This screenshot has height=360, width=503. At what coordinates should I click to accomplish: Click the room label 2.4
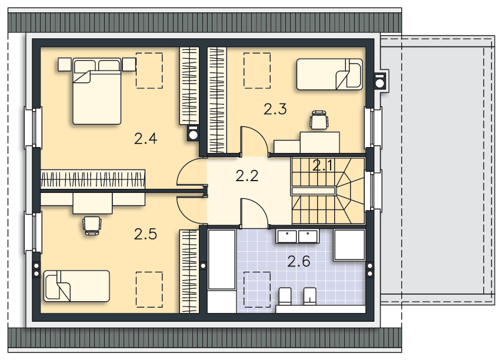146,139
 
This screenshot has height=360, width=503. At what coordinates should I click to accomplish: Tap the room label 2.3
275,109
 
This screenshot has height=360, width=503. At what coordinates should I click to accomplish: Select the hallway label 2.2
247,176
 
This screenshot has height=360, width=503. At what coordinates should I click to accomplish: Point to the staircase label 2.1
323,165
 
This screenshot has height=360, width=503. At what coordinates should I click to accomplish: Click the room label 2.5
146,234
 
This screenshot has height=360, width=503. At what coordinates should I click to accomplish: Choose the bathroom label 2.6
299,262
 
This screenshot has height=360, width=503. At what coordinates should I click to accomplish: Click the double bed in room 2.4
97,91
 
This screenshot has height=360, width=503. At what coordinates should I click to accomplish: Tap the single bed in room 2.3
329,74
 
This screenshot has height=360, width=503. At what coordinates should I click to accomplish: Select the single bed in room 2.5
76,286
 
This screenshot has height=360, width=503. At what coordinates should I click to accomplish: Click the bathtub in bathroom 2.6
222,259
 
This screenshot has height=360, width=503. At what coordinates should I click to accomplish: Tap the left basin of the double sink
287,236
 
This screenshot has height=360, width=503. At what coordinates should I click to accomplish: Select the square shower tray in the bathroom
349,245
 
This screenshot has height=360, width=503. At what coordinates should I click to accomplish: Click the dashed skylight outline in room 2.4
149,71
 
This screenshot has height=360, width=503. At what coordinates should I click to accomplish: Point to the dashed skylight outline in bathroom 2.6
257,289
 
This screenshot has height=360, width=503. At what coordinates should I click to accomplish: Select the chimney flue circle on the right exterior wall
380,83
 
